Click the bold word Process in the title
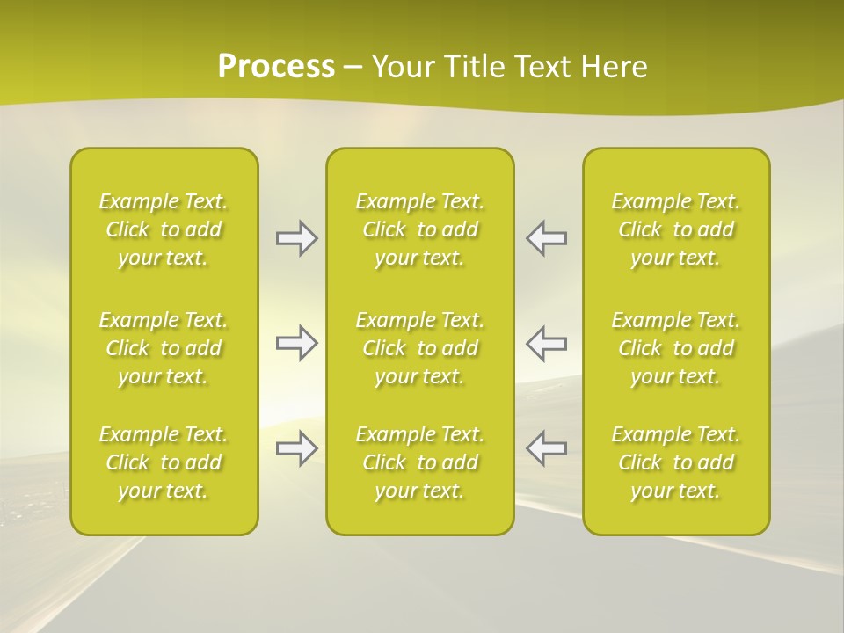click(x=276, y=67)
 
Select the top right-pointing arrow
click(x=297, y=238)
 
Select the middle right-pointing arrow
click(x=297, y=343)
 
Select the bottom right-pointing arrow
click(x=297, y=448)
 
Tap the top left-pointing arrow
click(x=547, y=238)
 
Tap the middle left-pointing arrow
click(x=547, y=343)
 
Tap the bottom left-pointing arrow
click(x=547, y=448)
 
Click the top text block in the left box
click(x=164, y=229)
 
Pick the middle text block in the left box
click(x=164, y=348)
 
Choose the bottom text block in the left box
click(x=164, y=462)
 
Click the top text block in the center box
click(x=420, y=229)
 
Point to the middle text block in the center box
click(x=420, y=348)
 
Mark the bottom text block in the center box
click(x=420, y=462)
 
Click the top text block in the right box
click(x=676, y=229)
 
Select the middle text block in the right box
click(x=676, y=348)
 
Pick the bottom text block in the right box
click(x=676, y=462)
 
